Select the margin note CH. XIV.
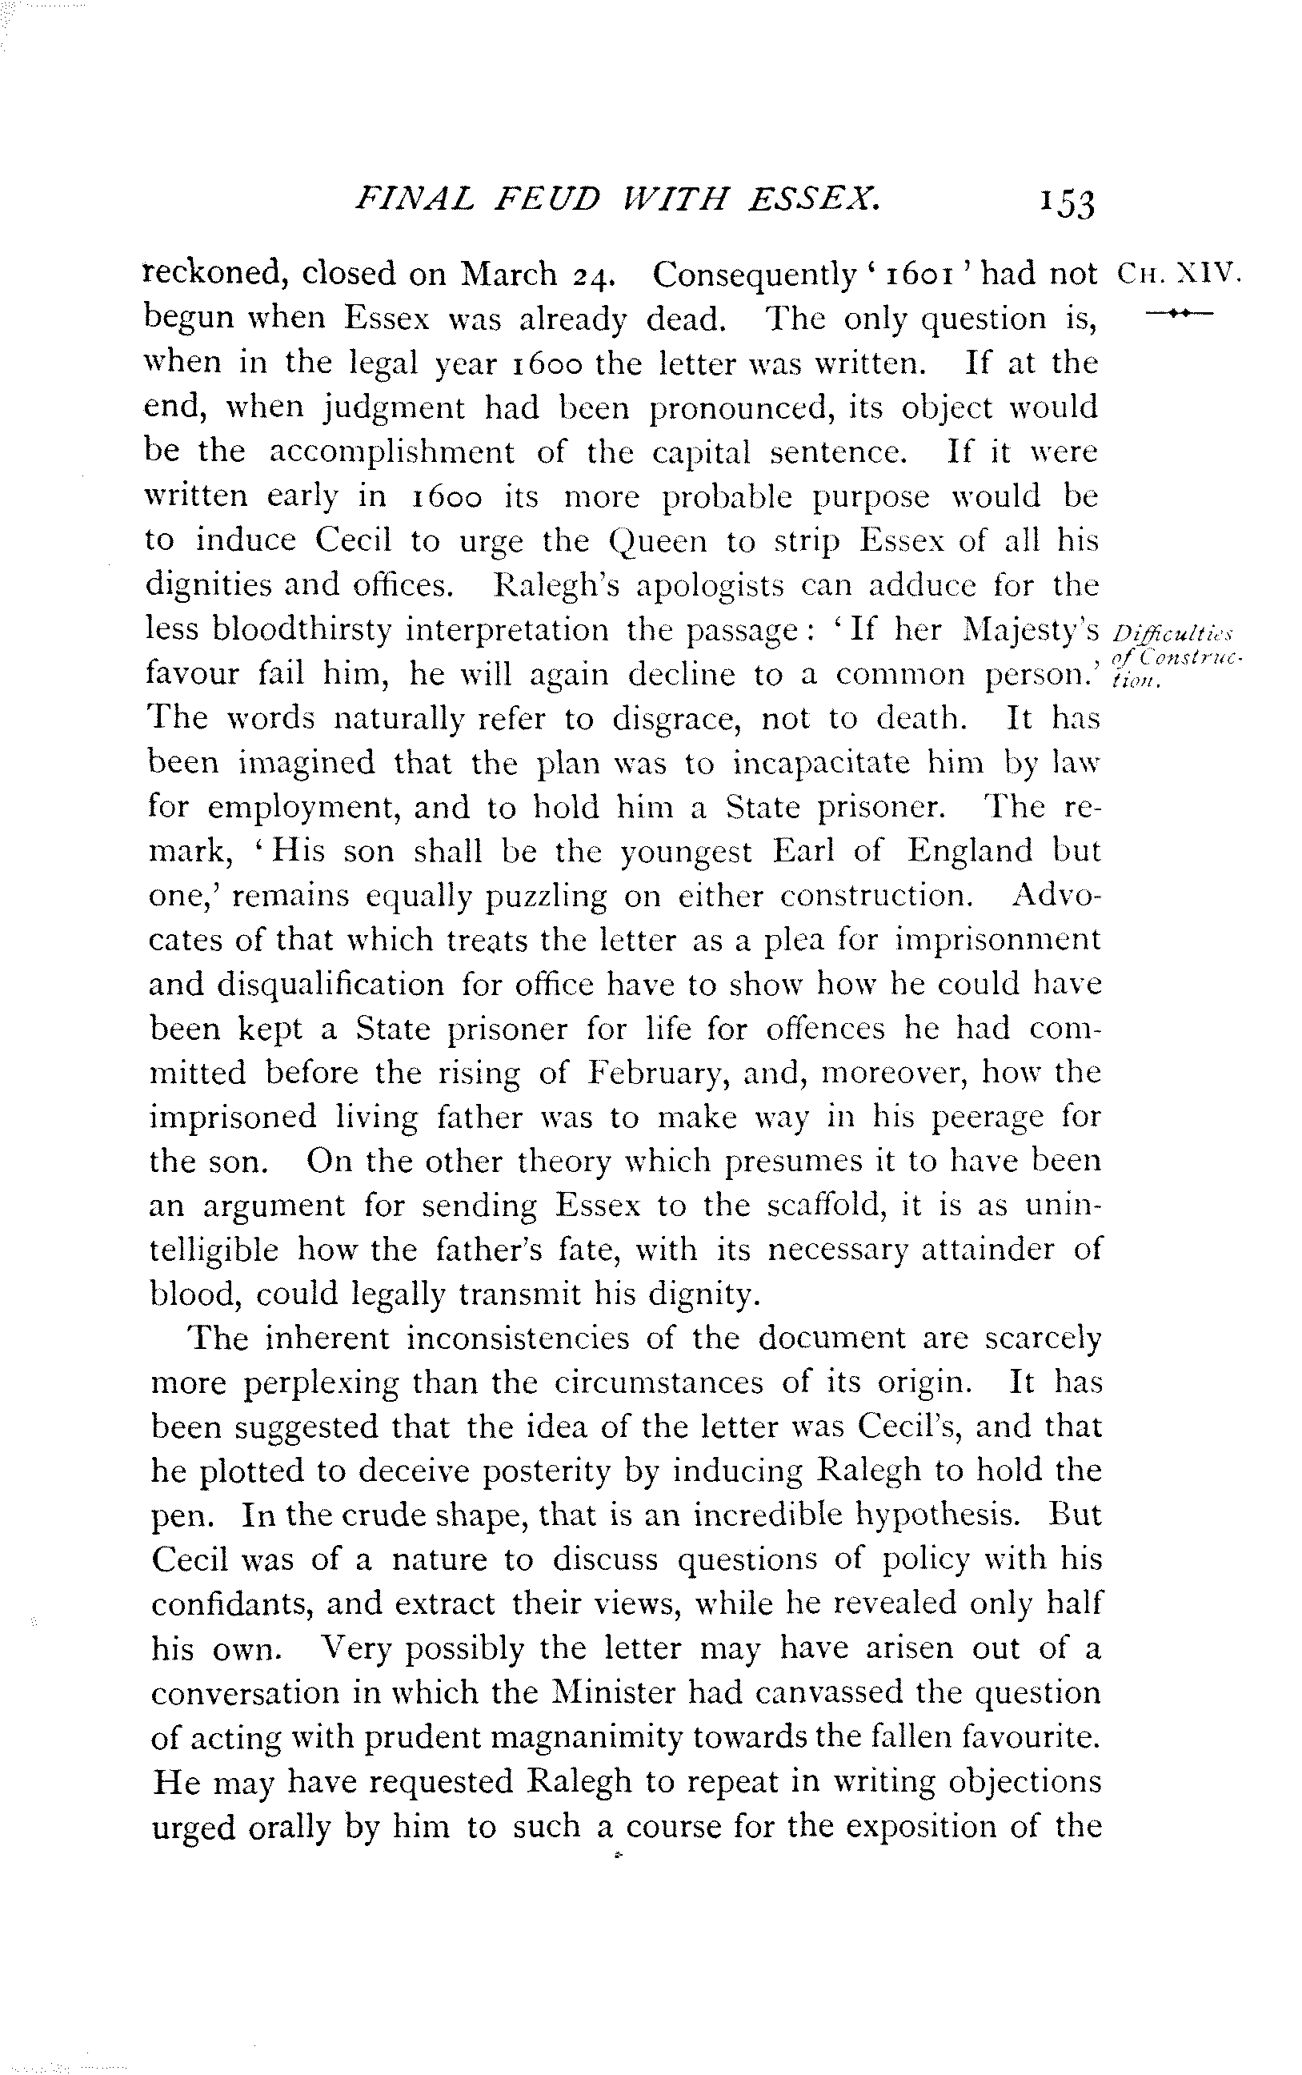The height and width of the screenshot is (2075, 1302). pos(1177,274)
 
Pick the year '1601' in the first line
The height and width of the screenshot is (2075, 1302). pos(919,274)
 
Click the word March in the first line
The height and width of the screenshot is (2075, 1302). pos(509,274)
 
